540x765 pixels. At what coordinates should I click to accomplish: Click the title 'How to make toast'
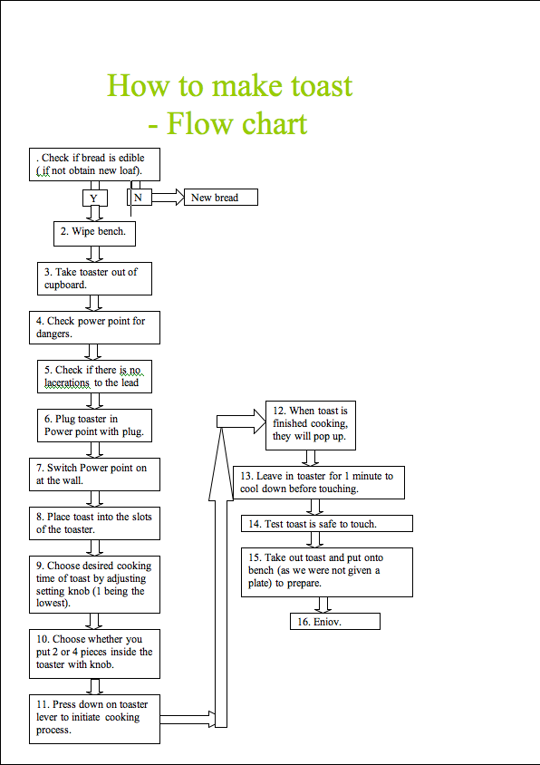coord(229,86)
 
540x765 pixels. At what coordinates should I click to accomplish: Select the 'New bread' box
coord(221,198)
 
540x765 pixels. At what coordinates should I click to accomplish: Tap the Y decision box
coord(94,198)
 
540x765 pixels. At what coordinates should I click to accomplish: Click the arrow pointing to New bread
coord(168,198)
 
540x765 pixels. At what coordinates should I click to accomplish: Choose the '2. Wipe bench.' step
coord(94,233)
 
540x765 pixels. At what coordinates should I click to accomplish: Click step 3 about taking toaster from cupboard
coord(94,278)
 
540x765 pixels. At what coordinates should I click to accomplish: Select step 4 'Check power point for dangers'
coord(94,328)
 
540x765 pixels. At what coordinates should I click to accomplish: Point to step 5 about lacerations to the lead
coord(94,377)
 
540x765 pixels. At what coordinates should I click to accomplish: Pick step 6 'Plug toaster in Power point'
coord(94,426)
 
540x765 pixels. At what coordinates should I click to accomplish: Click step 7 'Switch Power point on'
coord(94,475)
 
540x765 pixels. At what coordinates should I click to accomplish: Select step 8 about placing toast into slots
coord(94,524)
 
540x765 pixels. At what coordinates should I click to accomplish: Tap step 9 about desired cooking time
coord(94,585)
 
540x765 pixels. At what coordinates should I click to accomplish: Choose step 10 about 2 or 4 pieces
coord(94,653)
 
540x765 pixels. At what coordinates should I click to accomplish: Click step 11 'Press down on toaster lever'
coord(94,718)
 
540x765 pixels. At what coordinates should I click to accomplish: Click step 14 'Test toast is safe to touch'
coord(326,524)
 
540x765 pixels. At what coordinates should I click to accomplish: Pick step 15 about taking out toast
coord(326,571)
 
